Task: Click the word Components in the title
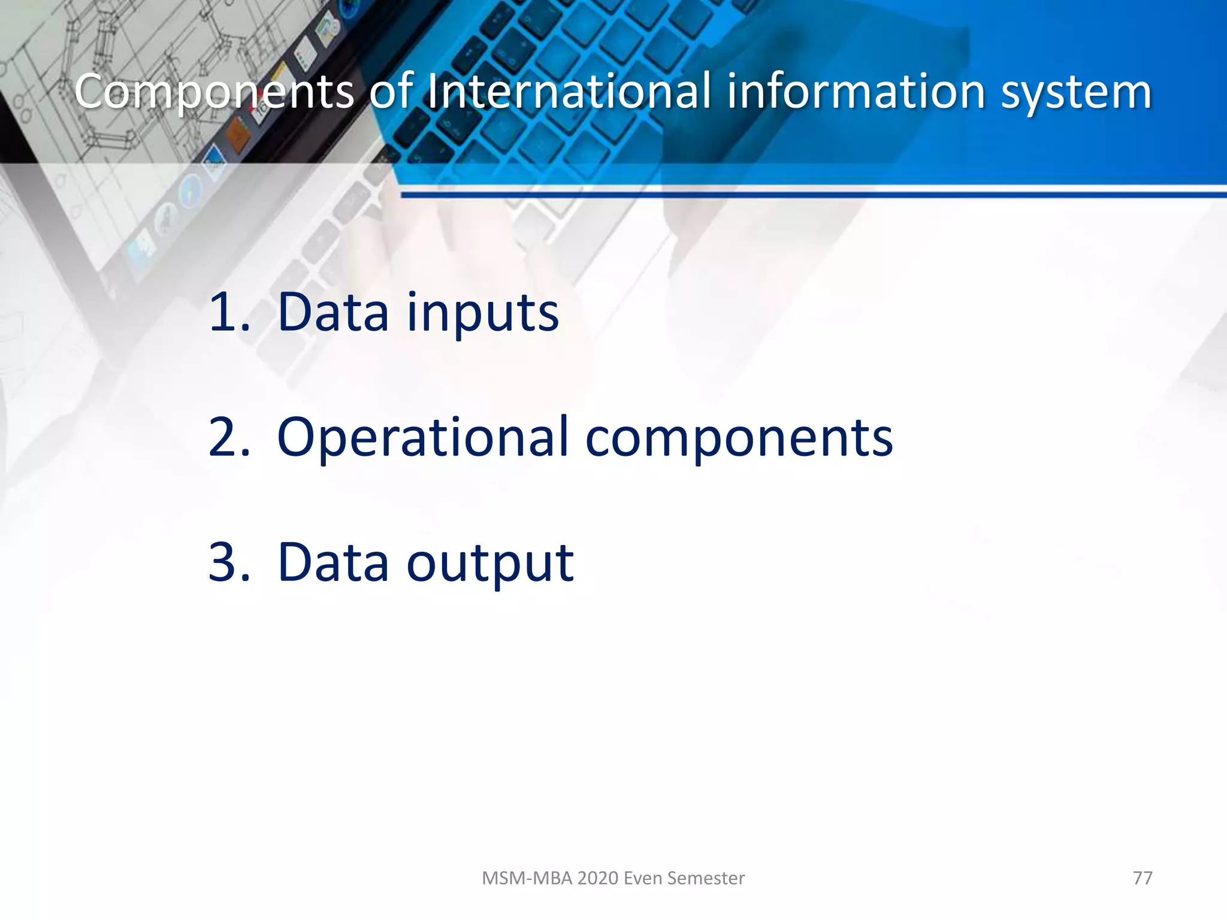214,92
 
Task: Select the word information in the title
857,92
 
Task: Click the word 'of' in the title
391,92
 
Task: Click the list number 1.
228,311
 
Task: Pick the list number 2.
228,437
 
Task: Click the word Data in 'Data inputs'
333,311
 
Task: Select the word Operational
422,438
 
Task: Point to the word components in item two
739,439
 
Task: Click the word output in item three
490,563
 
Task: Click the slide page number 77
1143,878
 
